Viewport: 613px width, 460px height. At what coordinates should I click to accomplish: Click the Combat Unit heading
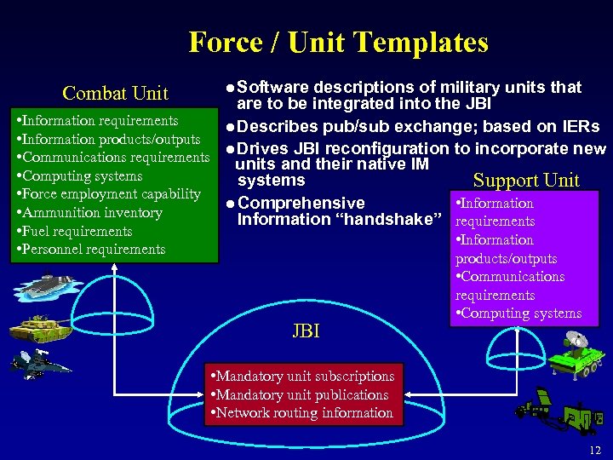116,93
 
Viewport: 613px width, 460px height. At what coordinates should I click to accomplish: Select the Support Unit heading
526,180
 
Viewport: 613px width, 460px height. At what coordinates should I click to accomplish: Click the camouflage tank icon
39,327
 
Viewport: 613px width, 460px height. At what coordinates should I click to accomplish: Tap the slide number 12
594,449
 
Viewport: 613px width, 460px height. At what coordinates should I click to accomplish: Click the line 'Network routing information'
304,413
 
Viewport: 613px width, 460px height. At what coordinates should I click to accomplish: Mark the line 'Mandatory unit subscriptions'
304,376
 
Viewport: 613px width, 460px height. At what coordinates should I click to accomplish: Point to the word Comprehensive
301,204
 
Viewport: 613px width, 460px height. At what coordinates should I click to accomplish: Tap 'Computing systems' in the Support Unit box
522,313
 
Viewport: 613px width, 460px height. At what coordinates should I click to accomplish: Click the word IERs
577,127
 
